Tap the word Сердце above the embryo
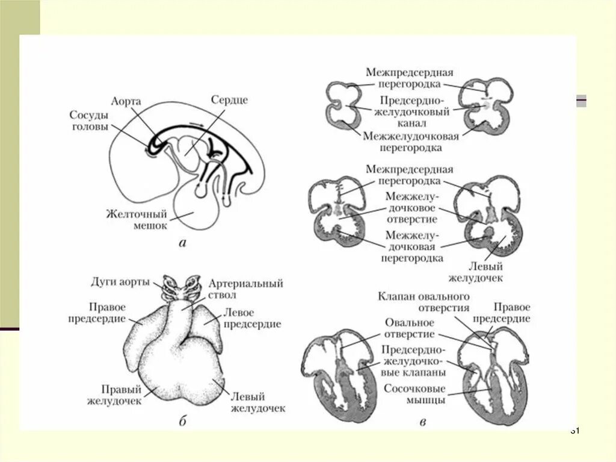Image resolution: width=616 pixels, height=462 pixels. pyautogui.click(x=229, y=100)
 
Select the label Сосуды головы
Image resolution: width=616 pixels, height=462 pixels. pyautogui.click(x=89, y=120)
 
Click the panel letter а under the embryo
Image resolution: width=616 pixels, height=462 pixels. pyautogui.click(x=183, y=243)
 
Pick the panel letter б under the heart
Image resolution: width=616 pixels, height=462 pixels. pyautogui.click(x=182, y=421)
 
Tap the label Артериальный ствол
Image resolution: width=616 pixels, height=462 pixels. pyautogui.click(x=245, y=289)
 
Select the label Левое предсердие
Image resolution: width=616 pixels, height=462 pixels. pyautogui.click(x=252, y=318)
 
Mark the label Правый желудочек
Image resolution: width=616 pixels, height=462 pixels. pyautogui.click(x=114, y=395)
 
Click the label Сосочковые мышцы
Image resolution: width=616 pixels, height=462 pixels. pyautogui.click(x=414, y=394)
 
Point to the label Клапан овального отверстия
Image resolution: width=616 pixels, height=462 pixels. pyautogui.click(x=423, y=301)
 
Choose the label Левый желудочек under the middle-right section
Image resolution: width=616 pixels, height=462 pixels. pyautogui.click(x=475, y=272)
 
